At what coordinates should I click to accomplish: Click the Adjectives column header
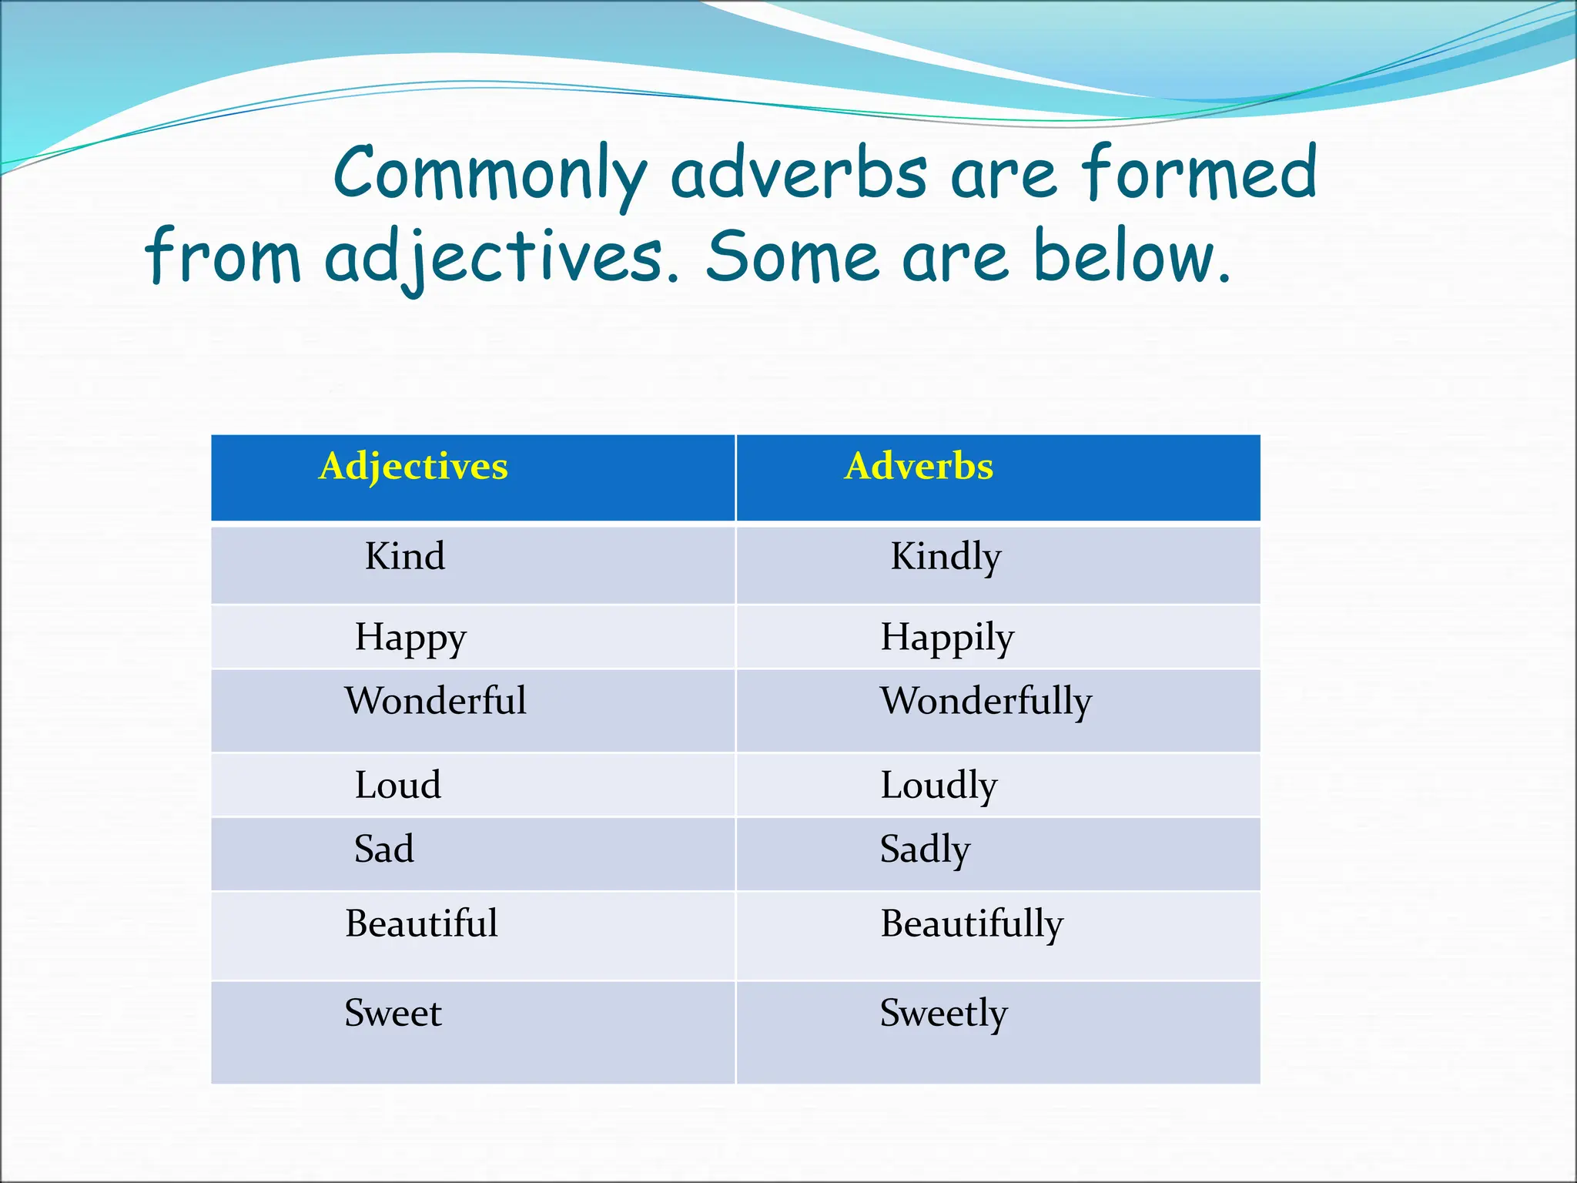pyautogui.click(x=414, y=467)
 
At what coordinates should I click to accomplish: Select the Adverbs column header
pyautogui.click(x=919, y=467)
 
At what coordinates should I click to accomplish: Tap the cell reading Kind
pyautogui.click(x=404, y=557)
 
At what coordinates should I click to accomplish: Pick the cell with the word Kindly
pyautogui.click(x=946, y=557)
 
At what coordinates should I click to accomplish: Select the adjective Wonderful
pyautogui.click(x=436, y=702)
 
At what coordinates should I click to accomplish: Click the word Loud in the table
pyautogui.click(x=398, y=786)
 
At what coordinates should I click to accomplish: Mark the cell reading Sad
pyautogui.click(x=383, y=850)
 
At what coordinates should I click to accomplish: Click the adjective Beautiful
pyautogui.click(x=421, y=923)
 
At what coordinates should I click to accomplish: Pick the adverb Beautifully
pyautogui.click(x=972, y=924)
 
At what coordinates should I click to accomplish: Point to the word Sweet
pyautogui.click(x=393, y=1013)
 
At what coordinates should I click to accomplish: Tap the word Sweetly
pyautogui.click(x=943, y=1014)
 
